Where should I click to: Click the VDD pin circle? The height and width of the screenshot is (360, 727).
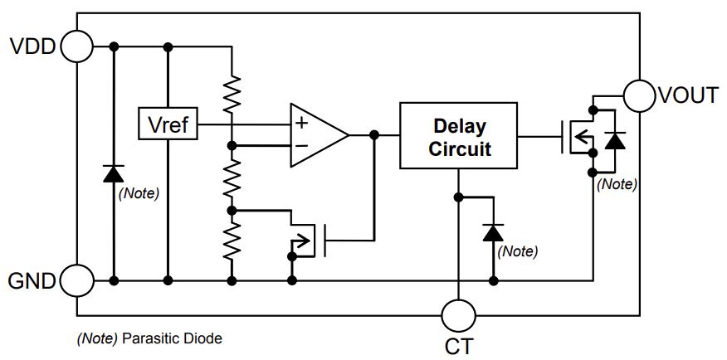[76, 46]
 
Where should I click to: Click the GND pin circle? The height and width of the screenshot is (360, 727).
[76, 281]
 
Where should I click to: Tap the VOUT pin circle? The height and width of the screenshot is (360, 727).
[639, 95]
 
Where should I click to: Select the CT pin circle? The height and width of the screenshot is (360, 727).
[458, 316]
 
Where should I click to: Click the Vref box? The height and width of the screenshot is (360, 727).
[168, 125]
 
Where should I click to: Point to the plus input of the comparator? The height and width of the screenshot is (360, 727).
[300, 124]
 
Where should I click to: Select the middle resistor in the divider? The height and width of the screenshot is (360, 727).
[233, 178]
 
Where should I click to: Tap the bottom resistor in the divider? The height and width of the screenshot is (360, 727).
[233, 240]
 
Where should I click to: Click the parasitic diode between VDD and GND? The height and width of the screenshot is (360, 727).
[114, 173]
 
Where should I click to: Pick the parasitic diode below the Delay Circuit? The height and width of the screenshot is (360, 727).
[495, 232]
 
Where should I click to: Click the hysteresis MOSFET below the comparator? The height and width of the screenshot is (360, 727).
[307, 241]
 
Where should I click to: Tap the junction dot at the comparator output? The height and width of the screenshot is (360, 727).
[374, 134]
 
